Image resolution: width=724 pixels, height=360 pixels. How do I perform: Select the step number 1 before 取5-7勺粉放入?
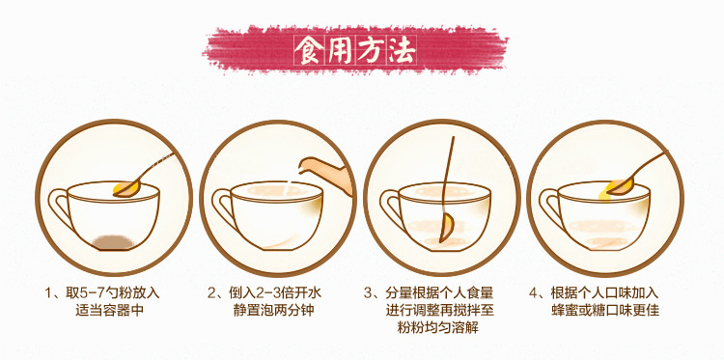coord(47,291)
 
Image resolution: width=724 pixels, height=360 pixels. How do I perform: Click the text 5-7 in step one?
coord(96,291)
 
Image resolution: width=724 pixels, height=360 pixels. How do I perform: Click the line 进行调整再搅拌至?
coord(438,310)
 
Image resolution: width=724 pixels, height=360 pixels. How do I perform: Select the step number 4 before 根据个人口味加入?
coord(533,291)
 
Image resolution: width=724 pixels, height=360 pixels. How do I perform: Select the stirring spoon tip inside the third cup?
coord(446,230)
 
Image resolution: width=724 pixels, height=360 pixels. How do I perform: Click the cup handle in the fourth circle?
coord(551,211)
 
